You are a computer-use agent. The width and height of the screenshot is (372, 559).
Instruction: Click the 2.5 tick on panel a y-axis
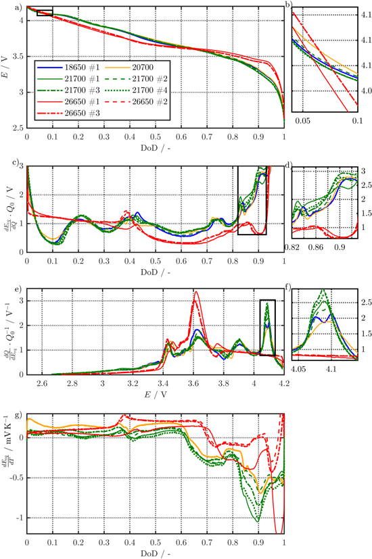pos(19,127)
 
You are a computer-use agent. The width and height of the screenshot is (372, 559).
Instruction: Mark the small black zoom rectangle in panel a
pos(45,13)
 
